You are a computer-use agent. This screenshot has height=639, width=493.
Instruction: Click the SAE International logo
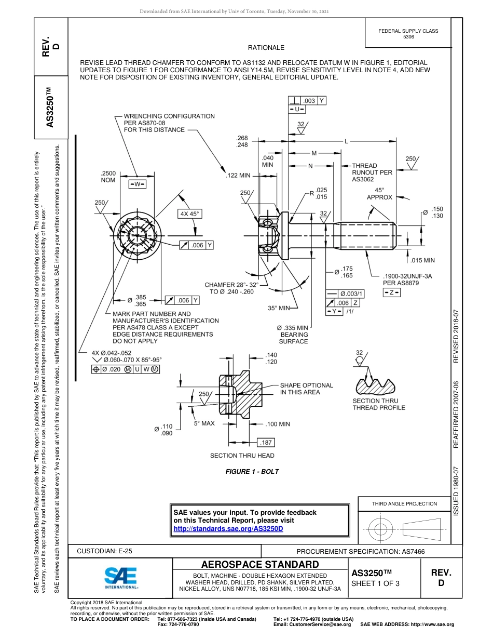click(120, 577)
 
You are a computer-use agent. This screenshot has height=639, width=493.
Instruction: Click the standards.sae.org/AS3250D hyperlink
click(228, 528)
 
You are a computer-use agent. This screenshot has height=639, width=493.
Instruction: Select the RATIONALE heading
click(266, 47)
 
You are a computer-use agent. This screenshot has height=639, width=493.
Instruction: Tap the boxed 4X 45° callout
click(190, 214)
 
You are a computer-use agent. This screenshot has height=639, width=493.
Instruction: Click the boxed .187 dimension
click(266, 443)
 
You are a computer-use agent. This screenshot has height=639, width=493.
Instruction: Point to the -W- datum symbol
click(137, 184)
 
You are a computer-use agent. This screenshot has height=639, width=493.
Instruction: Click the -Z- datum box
click(391, 293)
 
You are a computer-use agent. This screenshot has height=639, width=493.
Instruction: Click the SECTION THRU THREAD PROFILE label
click(379, 404)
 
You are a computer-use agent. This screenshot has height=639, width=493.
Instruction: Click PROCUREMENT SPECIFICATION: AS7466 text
click(360, 551)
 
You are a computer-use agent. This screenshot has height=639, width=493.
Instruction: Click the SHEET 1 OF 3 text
click(375, 583)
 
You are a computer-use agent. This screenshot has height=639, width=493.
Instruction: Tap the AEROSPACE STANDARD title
click(260, 565)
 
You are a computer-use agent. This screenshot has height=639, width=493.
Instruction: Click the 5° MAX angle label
click(204, 423)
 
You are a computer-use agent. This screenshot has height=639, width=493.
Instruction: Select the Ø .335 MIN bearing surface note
click(293, 335)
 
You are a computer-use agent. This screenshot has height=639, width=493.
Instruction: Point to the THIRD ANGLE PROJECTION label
click(404, 503)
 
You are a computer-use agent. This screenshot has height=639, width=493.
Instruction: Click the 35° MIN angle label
click(279, 308)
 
